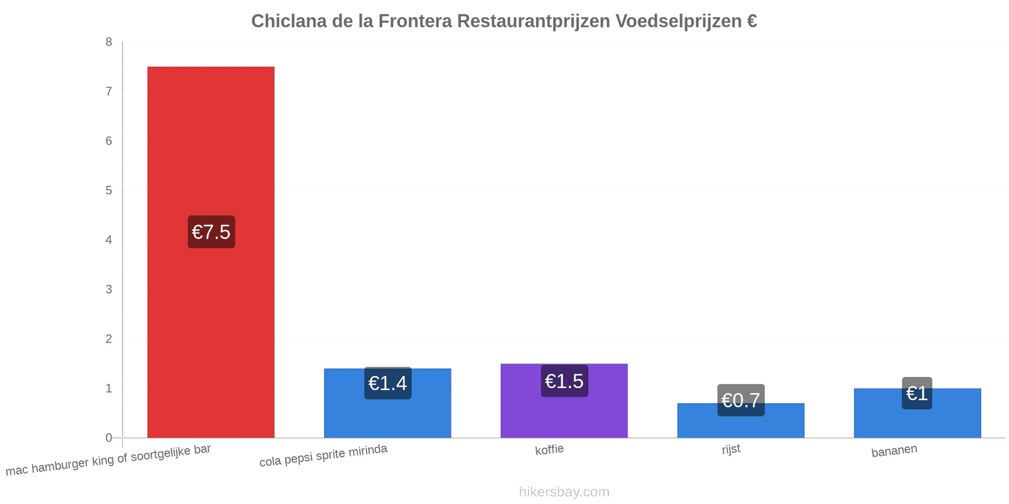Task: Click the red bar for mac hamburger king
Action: click(x=211, y=252)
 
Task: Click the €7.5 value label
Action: click(x=211, y=232)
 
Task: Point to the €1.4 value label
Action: click(x=388, y=383)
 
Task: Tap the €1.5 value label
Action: click(x=564, y=381)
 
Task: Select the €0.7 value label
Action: click(x=741, y=400)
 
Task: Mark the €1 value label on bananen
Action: click(x=917, y=393)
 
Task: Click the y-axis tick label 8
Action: click(x=108, y=42)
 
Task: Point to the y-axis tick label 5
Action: click(x=108, y=190)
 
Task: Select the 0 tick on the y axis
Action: click(x=108, y=438)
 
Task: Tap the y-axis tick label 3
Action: click(x=108, y=289)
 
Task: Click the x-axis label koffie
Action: click(x=549, y=450)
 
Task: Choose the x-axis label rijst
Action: click(x=731, y=450)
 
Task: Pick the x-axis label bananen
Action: click(x=894, y=450)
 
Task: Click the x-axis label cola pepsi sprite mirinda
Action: click(x=324, y=455)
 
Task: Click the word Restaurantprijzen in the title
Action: click(x=534, y=21)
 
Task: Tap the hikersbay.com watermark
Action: click(x=564, y=491)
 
